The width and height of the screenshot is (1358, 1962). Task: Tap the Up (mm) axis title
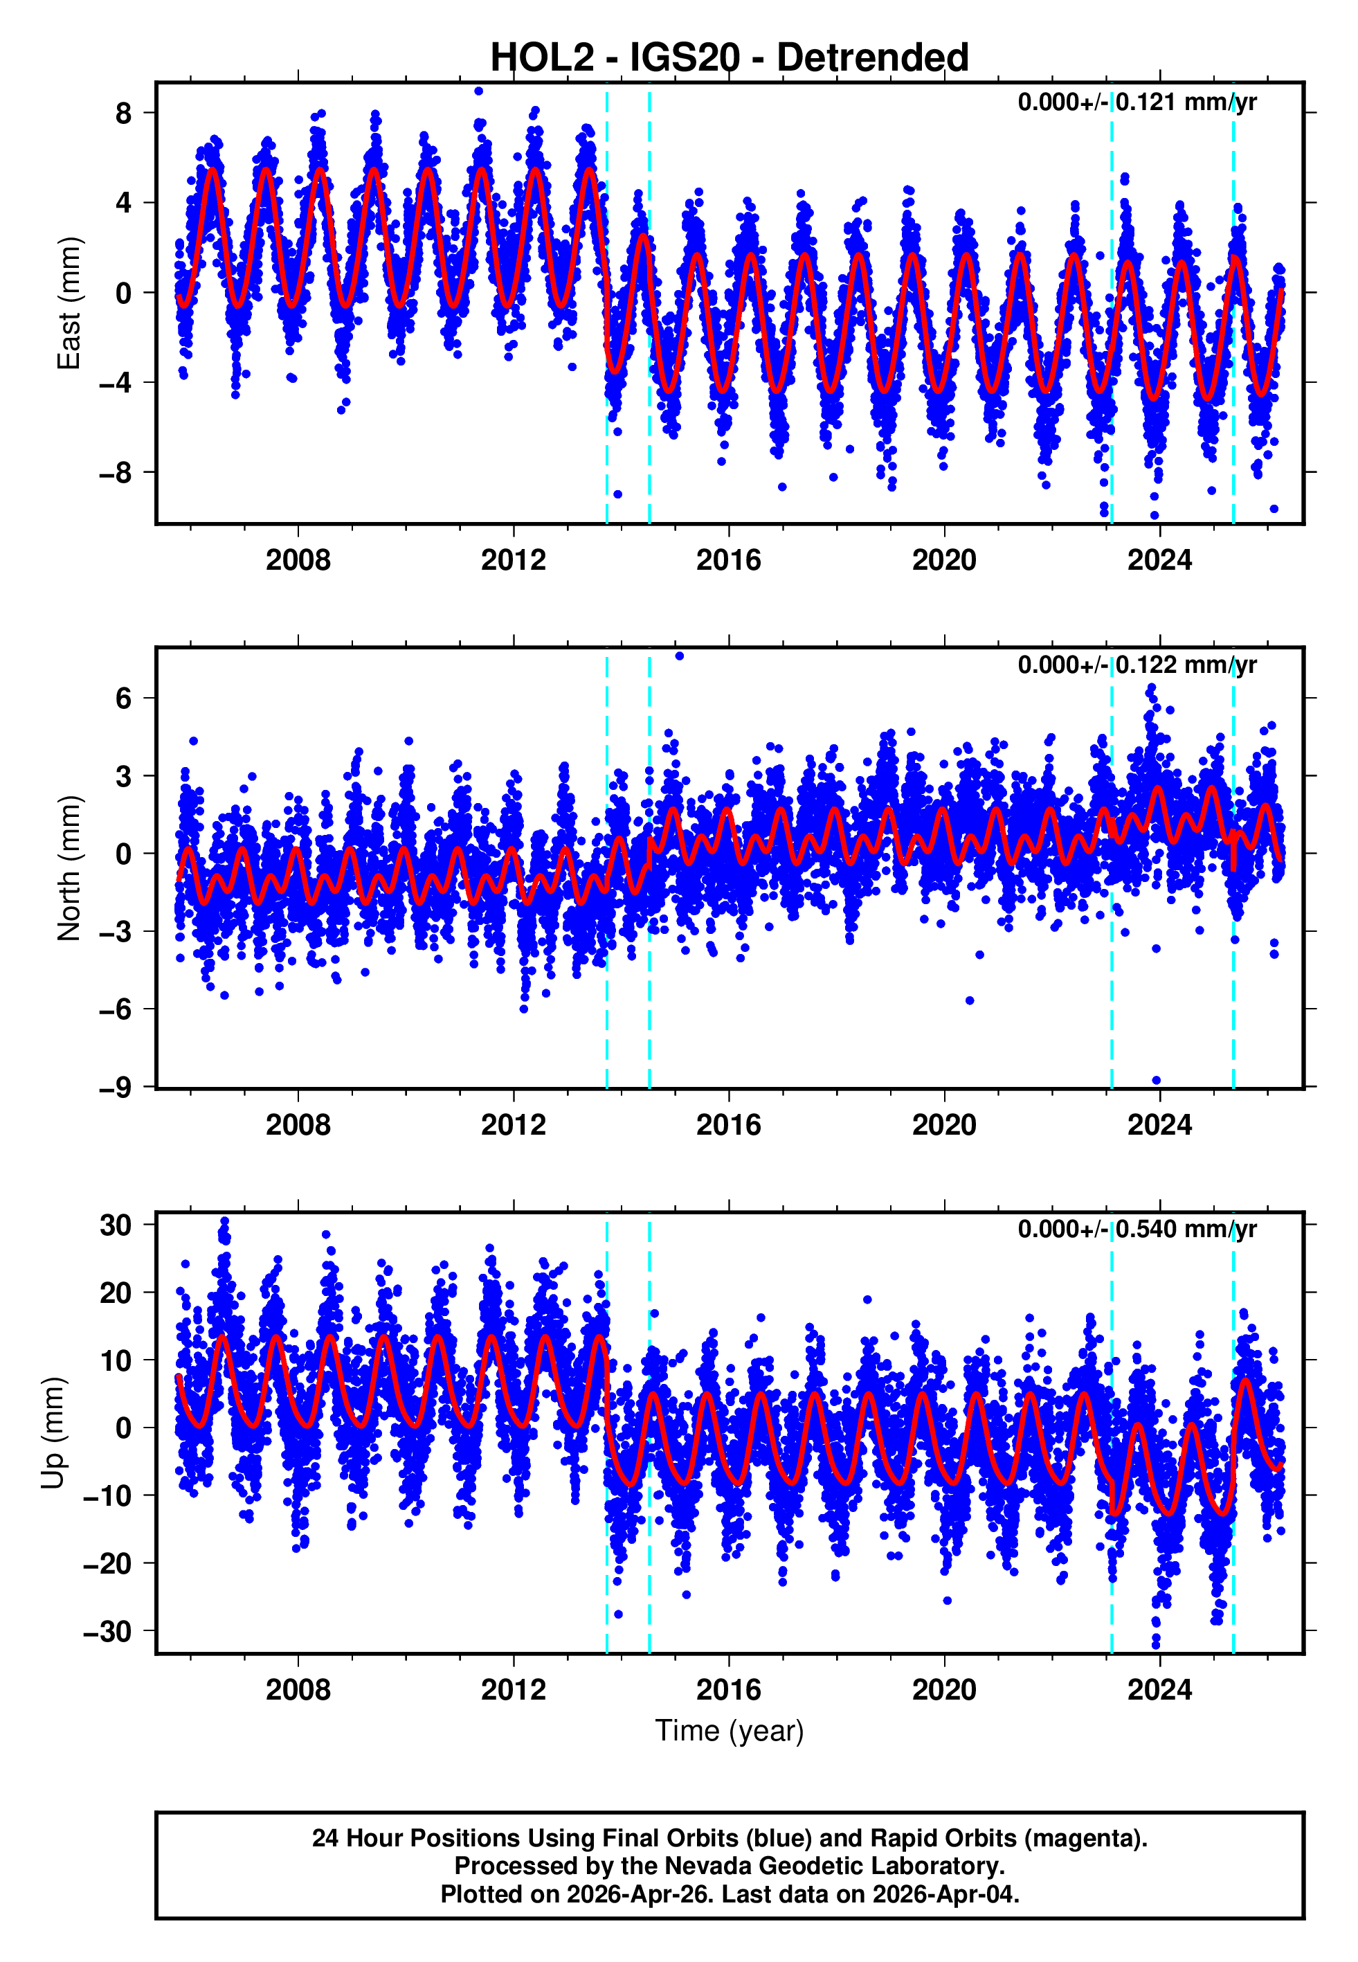[53, 1433]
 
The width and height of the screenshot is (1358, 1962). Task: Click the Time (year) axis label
[730, 1731]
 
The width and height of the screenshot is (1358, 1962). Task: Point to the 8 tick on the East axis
[124, 113]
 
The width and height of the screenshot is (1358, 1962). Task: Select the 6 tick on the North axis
[124, 699]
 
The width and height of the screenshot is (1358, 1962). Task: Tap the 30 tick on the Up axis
[116, 1225]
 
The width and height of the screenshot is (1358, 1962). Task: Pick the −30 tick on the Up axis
[107, 1632]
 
